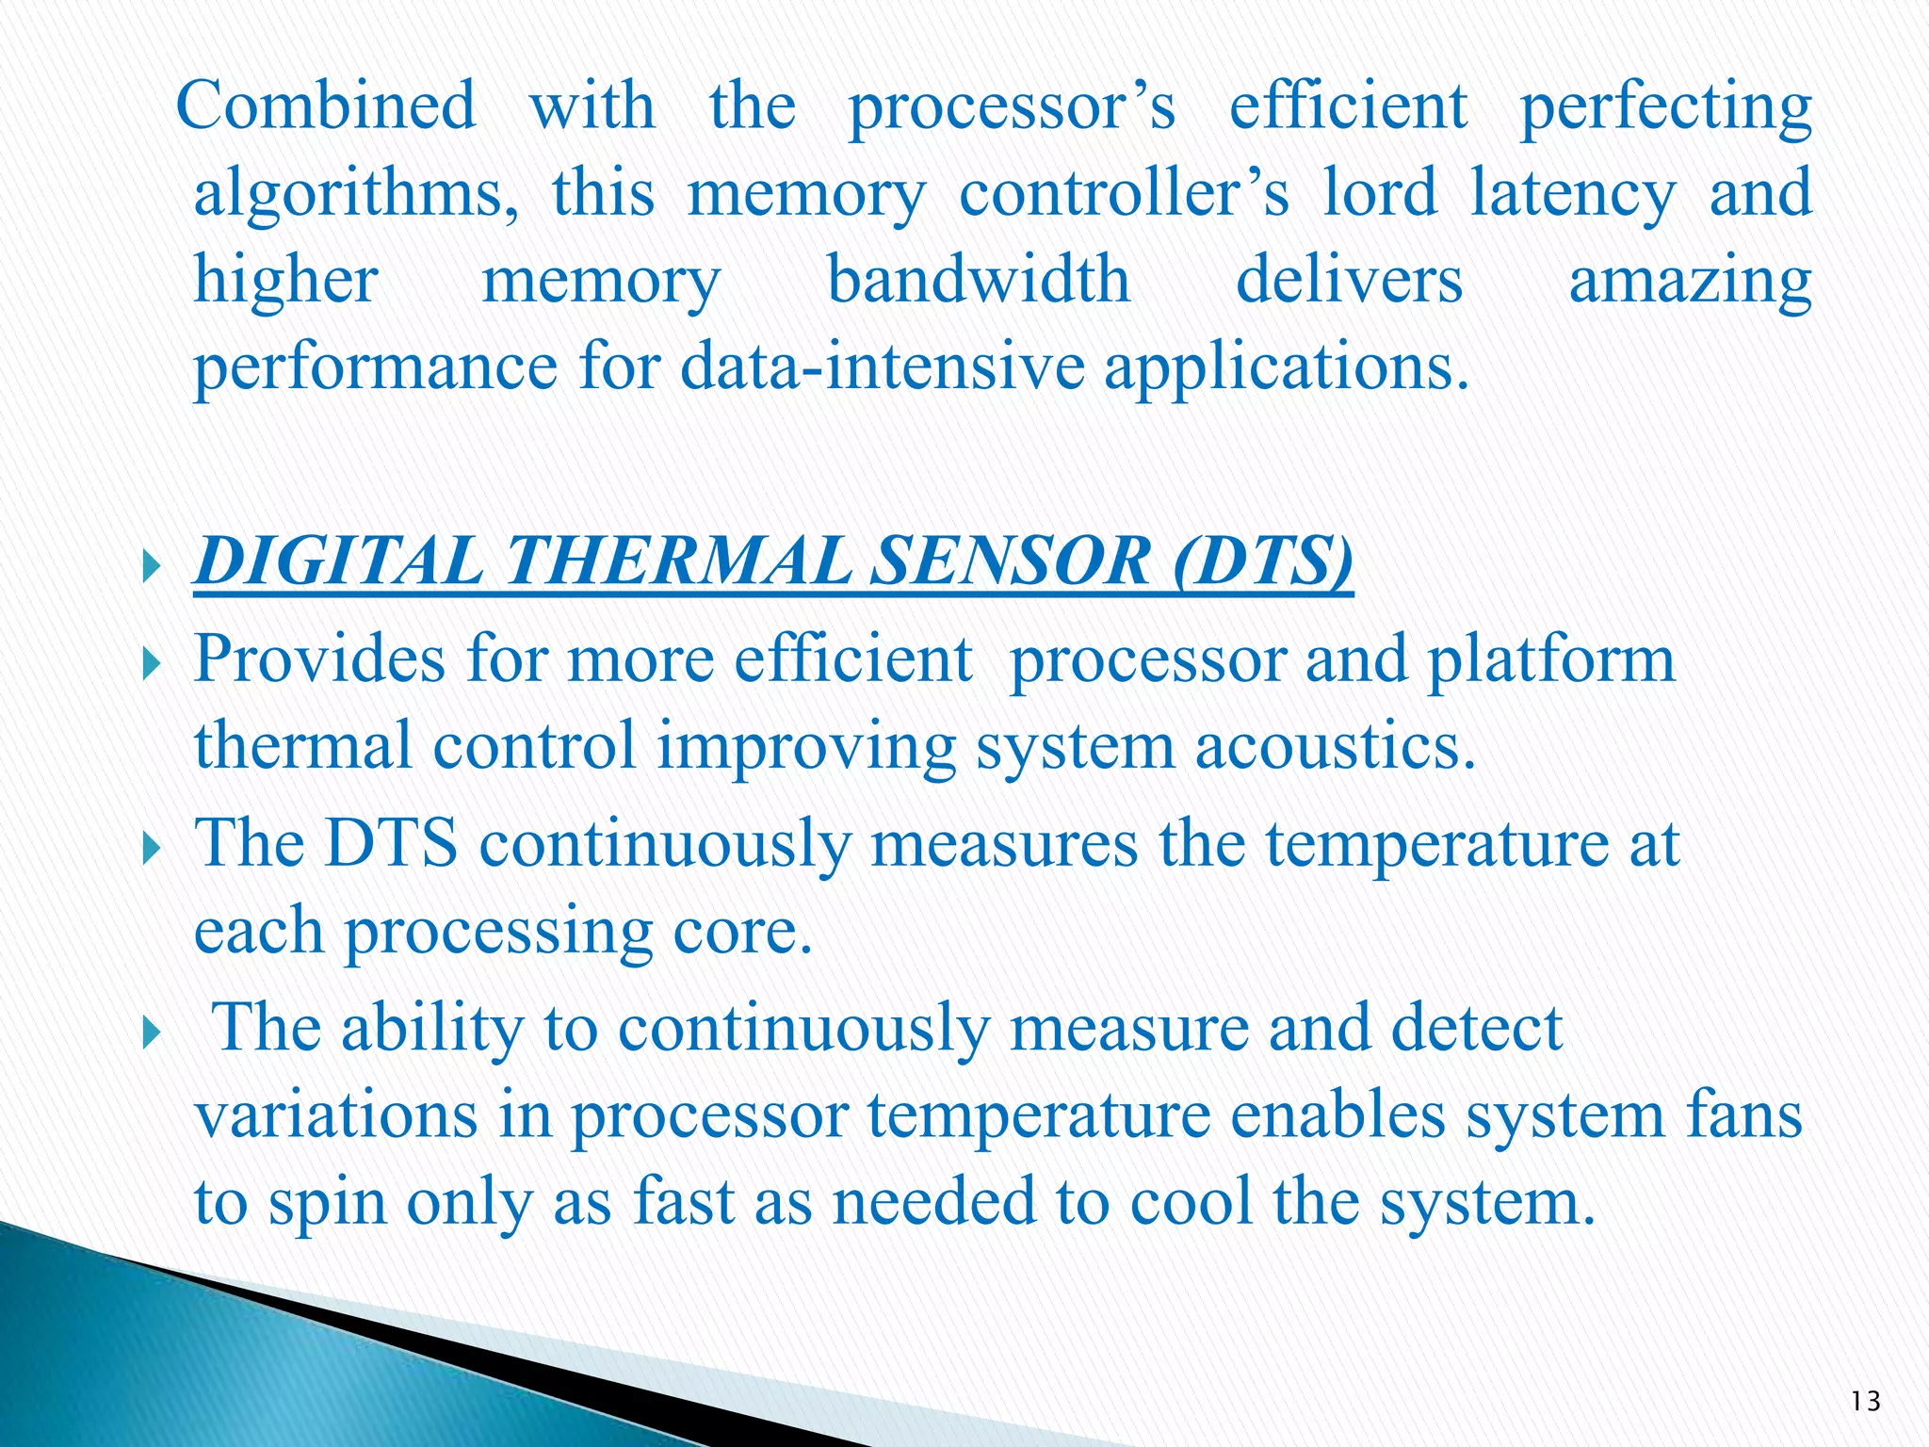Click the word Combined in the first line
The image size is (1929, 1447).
point(326,106)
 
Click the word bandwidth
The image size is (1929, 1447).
point(979,280)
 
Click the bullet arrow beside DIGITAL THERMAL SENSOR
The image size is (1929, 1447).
point(154,568)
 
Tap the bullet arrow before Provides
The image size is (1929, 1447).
point(154,666)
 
